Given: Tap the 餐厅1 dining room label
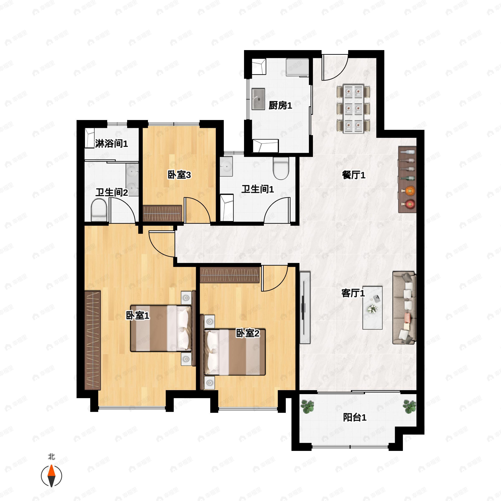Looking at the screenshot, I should [353, 175].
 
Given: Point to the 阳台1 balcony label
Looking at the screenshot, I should [354, 417].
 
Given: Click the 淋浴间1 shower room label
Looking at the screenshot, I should [111, 143].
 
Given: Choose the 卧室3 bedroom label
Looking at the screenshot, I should [179, 175].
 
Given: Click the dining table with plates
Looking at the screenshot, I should [353, 109].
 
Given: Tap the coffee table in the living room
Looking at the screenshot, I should [372, 307].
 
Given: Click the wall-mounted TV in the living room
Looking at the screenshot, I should [305, 307].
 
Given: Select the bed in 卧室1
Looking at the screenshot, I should [161, 328].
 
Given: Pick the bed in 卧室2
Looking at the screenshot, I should [235, 352].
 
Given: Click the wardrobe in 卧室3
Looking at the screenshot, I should [162, 213].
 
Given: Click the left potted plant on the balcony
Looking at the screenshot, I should [307, 407].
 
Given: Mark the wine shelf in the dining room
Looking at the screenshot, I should [407, 180].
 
